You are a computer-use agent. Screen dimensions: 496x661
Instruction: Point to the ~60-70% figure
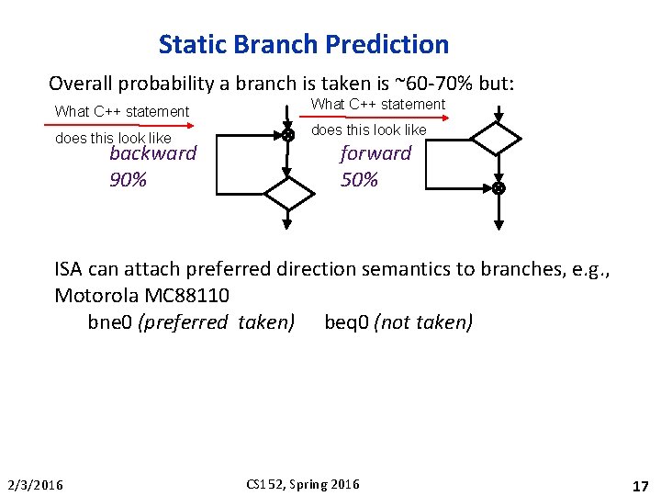(436, 84)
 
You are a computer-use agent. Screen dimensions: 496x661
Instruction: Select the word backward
(152, 153)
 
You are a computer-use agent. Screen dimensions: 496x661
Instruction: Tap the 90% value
(128, 180)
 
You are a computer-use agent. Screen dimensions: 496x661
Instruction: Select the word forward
(375, 153)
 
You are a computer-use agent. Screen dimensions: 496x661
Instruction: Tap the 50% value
(359, 180)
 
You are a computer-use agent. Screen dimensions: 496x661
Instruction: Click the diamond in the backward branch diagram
(288, 194)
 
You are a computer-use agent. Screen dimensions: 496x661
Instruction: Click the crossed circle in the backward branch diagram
(287, 135)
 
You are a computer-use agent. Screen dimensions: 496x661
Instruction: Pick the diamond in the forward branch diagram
(496, 140)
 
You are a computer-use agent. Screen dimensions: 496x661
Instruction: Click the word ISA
(69, 269)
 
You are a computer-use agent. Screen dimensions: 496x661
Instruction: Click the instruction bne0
(110, 322)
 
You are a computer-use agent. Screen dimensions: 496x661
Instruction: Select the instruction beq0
(347, 322)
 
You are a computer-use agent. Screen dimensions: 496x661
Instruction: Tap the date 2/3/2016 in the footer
(35, 484)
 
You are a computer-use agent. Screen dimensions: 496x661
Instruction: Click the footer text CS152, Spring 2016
(304, 484)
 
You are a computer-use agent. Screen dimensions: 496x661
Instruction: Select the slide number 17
(640, 484)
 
